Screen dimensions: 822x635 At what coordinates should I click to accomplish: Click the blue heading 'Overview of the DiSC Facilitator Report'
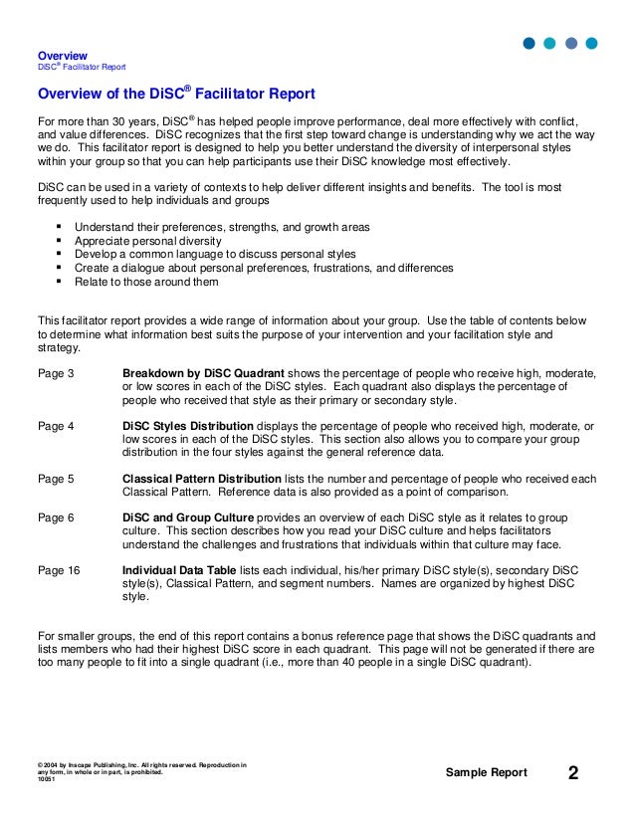(x=176, y=95)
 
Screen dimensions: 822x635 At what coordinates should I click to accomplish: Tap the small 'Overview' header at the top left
(x=62, y=55)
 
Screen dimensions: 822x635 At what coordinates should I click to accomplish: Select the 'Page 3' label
(x=56, y=373)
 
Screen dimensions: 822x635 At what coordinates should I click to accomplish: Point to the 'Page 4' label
(x=56, y=427)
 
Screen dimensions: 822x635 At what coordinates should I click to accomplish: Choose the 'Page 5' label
(x=56, y=479)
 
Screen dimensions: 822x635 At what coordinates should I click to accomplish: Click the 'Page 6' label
(x=56, y=517)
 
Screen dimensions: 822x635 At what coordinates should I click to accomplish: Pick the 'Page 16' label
(x=59, y=570)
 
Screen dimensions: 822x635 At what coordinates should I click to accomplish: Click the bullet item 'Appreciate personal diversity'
(x=148, y=241)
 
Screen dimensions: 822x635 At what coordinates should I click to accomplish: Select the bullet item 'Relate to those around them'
(x=146, y=282)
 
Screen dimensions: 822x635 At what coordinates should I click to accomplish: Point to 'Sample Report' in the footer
(x=487, y=774)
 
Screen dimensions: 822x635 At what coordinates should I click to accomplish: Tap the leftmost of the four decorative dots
(x=529, y=43)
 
